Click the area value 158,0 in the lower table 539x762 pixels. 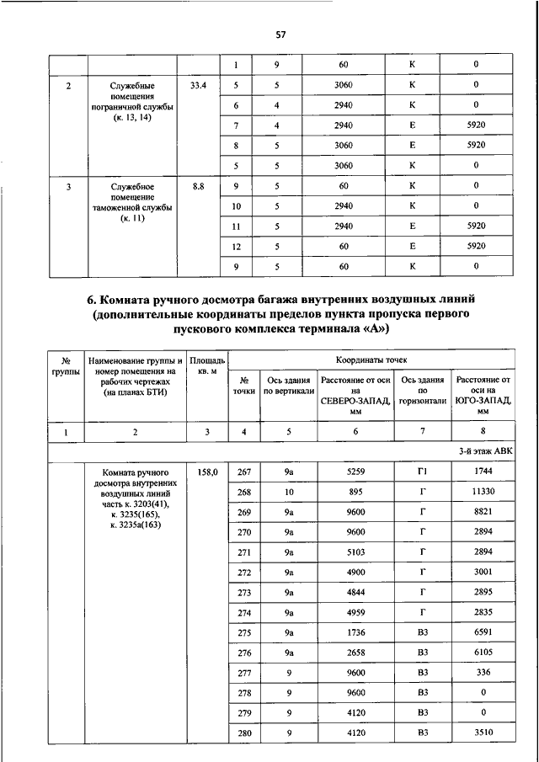click(206, 472)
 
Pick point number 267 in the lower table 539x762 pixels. click(244, 472)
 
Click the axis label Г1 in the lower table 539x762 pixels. click(422, 472)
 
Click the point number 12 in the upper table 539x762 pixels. click(237, 246)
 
